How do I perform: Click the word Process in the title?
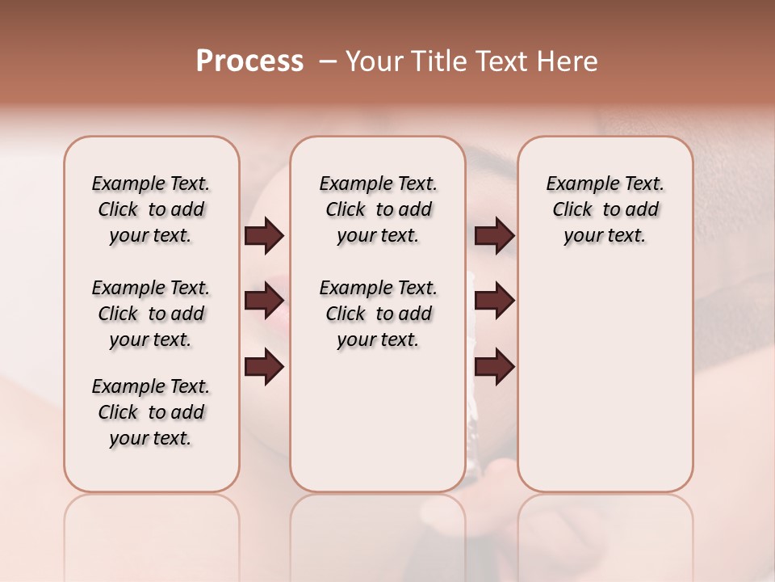pyautogui.click(x=249, y=61)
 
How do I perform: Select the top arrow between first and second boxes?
pyautogui.click(x=264, y=236)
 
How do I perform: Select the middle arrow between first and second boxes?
pyautogui.click(x=264, y=301)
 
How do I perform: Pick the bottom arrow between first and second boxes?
pyautogui.click(x=264, y=367)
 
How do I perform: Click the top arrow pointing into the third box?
pyautogui.click(x=495, y=236)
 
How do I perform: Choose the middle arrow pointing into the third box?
pyautogui.click(x=495, y=301)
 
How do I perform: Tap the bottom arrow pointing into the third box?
pyautogui.click(x=495, y=367)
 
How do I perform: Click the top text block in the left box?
pyautogui.click(x=151, y=209)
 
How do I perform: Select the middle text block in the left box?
pyautogui.click(x=151, y=314)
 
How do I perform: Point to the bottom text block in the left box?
pyautogui.click(x=151, y=412)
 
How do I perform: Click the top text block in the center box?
pyautogui.click(x=378, y=209)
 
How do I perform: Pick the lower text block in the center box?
pyautogui.click(x=378, y=314)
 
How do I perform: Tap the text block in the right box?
pyautogui.click(x=605, y=209)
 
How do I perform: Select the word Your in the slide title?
pyautogui.click(x=370, y=61)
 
